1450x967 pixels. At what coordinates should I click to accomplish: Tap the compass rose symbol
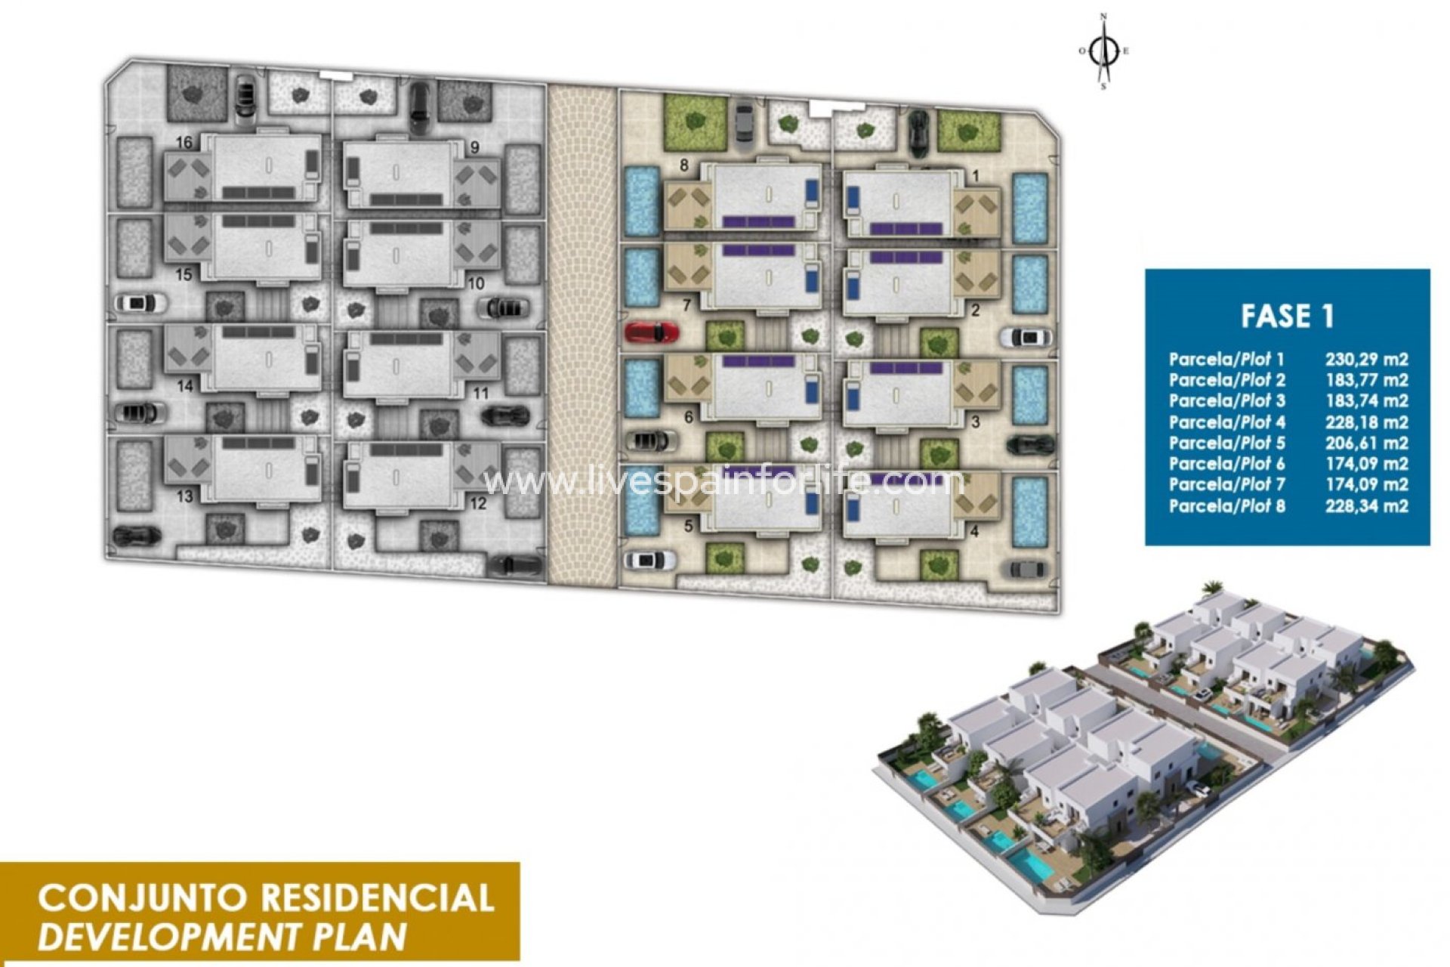point(1105,52)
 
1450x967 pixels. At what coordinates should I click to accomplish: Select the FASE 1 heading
point(1287,316)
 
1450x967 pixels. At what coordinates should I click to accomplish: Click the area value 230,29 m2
point(1366,360)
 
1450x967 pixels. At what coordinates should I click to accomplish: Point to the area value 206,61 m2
point(1366,443)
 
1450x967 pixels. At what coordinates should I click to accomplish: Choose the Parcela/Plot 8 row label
point(1226,505)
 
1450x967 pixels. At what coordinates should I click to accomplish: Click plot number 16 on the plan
point(184,143)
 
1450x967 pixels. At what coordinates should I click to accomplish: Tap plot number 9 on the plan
point(474,148)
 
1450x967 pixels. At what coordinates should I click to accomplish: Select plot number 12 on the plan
point(477,504)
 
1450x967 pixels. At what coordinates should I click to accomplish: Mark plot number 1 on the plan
point(975,176)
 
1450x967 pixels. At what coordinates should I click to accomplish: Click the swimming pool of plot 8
point(642,202)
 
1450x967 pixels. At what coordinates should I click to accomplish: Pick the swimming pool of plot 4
point(1029,511)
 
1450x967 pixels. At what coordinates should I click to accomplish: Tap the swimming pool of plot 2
point(1029,284)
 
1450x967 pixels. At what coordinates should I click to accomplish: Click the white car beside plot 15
point(140,303)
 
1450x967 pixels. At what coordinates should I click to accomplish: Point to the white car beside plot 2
point(1026,337)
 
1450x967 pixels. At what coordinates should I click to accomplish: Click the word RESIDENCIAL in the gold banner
point(377,898)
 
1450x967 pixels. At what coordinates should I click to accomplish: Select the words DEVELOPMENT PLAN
point(222,937)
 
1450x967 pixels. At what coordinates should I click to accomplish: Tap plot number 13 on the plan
point(184,496)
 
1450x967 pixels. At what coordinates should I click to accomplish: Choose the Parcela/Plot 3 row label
point(1226,401)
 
